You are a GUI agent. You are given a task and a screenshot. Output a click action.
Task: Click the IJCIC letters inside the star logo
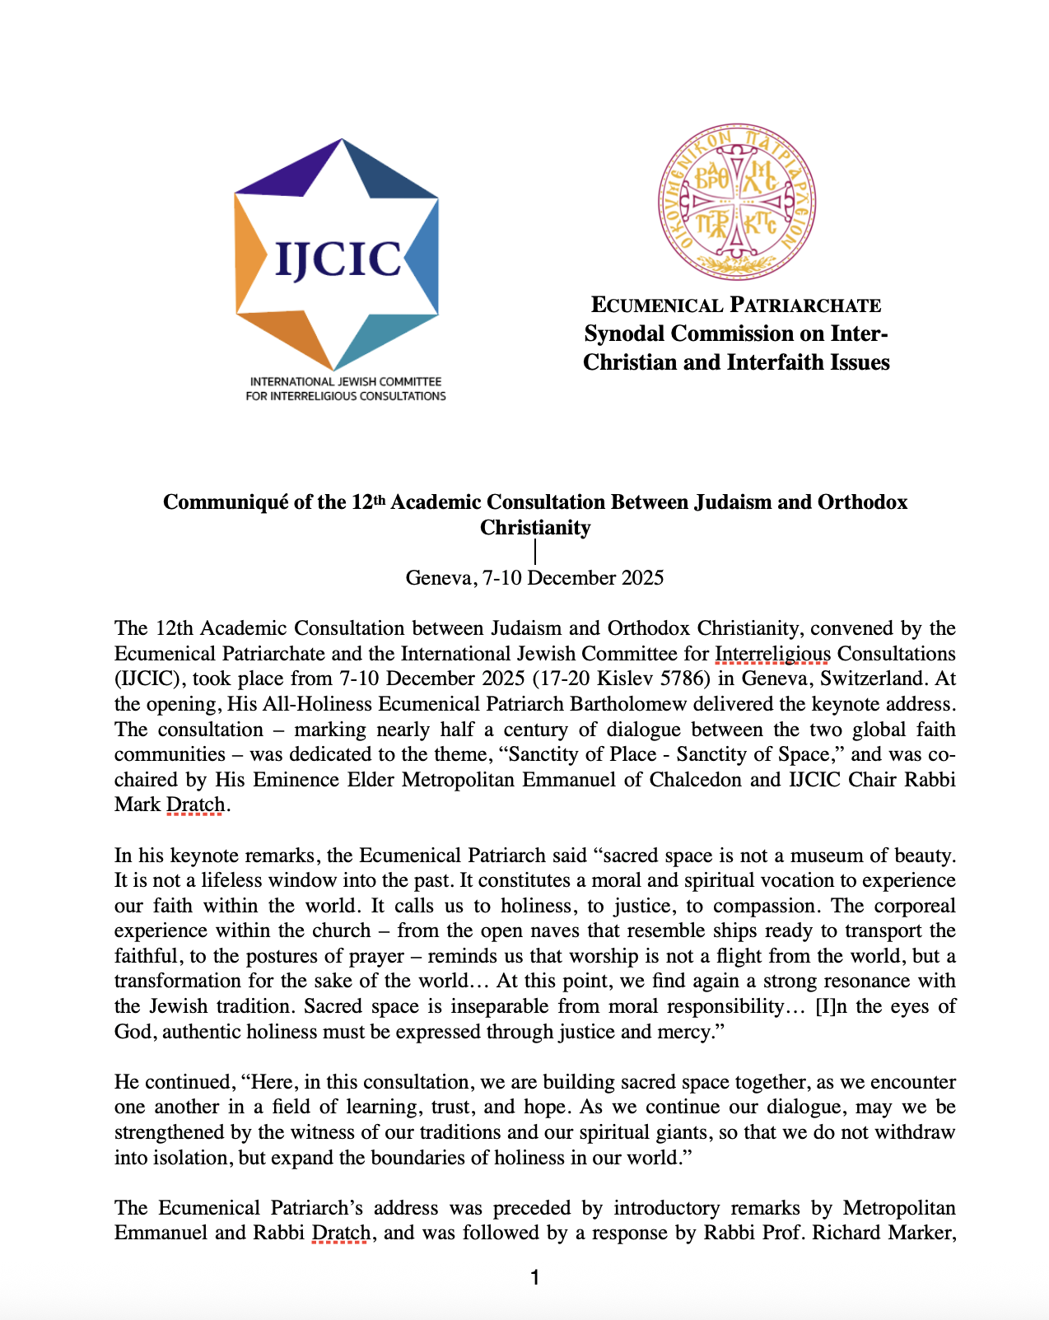click(338, 258)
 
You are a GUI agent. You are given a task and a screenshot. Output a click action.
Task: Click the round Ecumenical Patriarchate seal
click(736, 202)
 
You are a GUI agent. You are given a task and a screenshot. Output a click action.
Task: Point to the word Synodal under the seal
click(623, 333)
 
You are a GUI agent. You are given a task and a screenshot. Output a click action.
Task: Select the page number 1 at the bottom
click(535, 1277)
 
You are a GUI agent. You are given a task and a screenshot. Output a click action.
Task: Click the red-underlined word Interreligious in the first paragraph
click(772, 654)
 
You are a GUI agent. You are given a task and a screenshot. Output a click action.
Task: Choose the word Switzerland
click(858, 679)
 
